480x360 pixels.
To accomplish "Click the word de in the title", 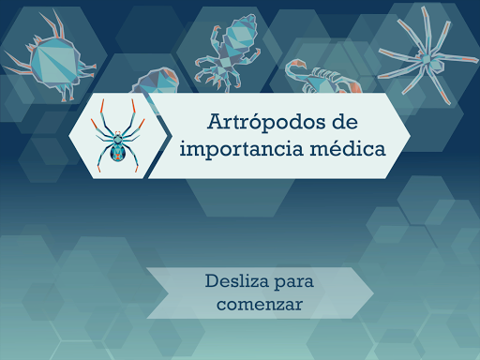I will pyautogui.click(x=343, y=122).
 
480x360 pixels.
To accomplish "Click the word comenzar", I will pyautogui.click(x=260, y=304).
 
